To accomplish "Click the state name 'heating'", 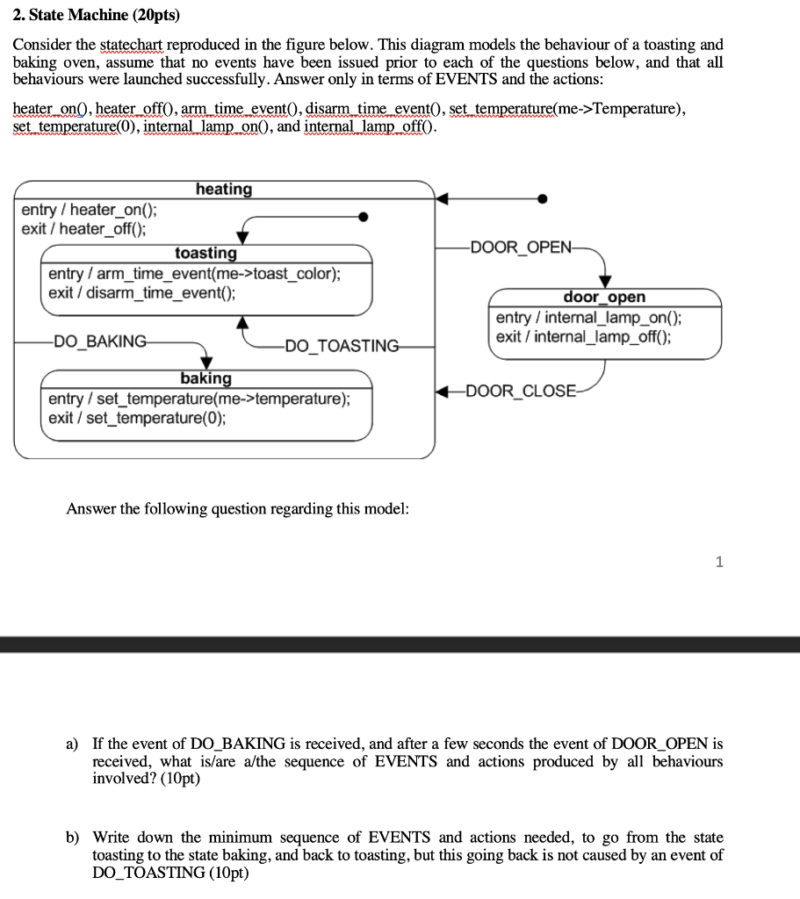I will click(224, 189).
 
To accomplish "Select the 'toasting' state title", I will click(205, 253).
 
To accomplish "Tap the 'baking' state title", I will click(205, 378).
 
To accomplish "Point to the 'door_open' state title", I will click(604, 298).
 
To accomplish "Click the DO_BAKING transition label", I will click(101, 342).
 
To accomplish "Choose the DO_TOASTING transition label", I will click(342, 346).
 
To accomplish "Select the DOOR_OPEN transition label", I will click(521, 246).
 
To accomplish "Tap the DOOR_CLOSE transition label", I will click(522, 391).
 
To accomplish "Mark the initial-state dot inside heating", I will click(363, 216).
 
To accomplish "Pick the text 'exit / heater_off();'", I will click(84, 229).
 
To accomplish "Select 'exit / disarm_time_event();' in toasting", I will click(142, 292).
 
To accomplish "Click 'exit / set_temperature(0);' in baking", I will click(137, 418).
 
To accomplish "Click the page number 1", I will click(719, 563).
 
